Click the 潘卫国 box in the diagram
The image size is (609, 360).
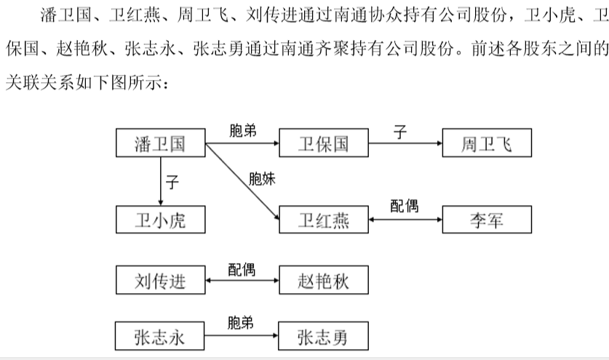(x=160, y=143)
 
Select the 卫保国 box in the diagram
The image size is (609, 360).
(x=324, y=143)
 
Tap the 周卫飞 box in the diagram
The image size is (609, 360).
(x=487, y=143)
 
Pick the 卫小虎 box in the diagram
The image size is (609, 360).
(x=160, y=220)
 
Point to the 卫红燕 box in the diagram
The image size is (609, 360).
(x=324, y=220)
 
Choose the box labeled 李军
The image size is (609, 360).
(x=487, y=220)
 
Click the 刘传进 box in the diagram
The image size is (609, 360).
(x=160, y=280)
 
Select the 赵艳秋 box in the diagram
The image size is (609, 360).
(x=324, y=280)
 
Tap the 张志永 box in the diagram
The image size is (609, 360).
(x=159, y=336)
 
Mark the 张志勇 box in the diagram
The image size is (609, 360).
(x=323, y=336)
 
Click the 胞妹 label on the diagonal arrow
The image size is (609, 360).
(x=262, y=179)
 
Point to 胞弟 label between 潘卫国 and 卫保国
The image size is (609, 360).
(x=243, y=130)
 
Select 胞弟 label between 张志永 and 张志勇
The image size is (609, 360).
(x=240, y=323)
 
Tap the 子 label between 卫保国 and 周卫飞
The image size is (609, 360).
(x=400, y=132)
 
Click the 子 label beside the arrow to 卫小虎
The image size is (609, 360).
(x=172, y=182)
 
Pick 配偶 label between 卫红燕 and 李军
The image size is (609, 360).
(x=405, y=206)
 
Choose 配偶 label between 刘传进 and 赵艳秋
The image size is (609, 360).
(x=242, y=270)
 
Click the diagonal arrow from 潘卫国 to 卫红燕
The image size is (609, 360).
(x=242, y=181)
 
